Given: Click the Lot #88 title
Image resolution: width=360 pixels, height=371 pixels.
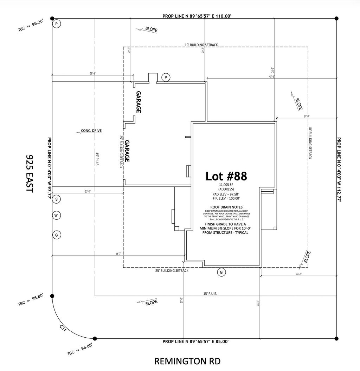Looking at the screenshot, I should point(226,175).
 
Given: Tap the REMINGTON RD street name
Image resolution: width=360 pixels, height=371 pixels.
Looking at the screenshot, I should point(188,361).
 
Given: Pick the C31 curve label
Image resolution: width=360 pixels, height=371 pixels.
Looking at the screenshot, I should point(63,329).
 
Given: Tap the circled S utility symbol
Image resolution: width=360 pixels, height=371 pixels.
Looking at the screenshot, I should point(56,199).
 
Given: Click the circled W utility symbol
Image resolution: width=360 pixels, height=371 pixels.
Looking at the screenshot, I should point(56,215).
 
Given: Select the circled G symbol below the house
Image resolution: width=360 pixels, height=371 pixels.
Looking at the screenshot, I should point(221,272).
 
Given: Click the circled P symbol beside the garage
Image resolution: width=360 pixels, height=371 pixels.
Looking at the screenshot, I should point(166,77).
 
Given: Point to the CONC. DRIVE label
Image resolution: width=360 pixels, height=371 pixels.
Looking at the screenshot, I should point(91,131).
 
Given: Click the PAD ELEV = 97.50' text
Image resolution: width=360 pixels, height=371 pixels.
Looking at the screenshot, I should point(226,194).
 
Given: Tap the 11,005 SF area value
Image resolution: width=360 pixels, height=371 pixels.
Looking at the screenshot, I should point(226,185).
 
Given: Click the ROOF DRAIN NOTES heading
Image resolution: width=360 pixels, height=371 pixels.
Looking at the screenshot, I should point(226,207).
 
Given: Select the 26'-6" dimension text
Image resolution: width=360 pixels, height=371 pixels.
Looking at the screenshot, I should point(298,274).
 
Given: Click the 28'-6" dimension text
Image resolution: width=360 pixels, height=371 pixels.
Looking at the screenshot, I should point(92,74).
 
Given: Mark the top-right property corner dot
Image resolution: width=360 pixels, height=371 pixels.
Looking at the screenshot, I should point(336,18).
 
